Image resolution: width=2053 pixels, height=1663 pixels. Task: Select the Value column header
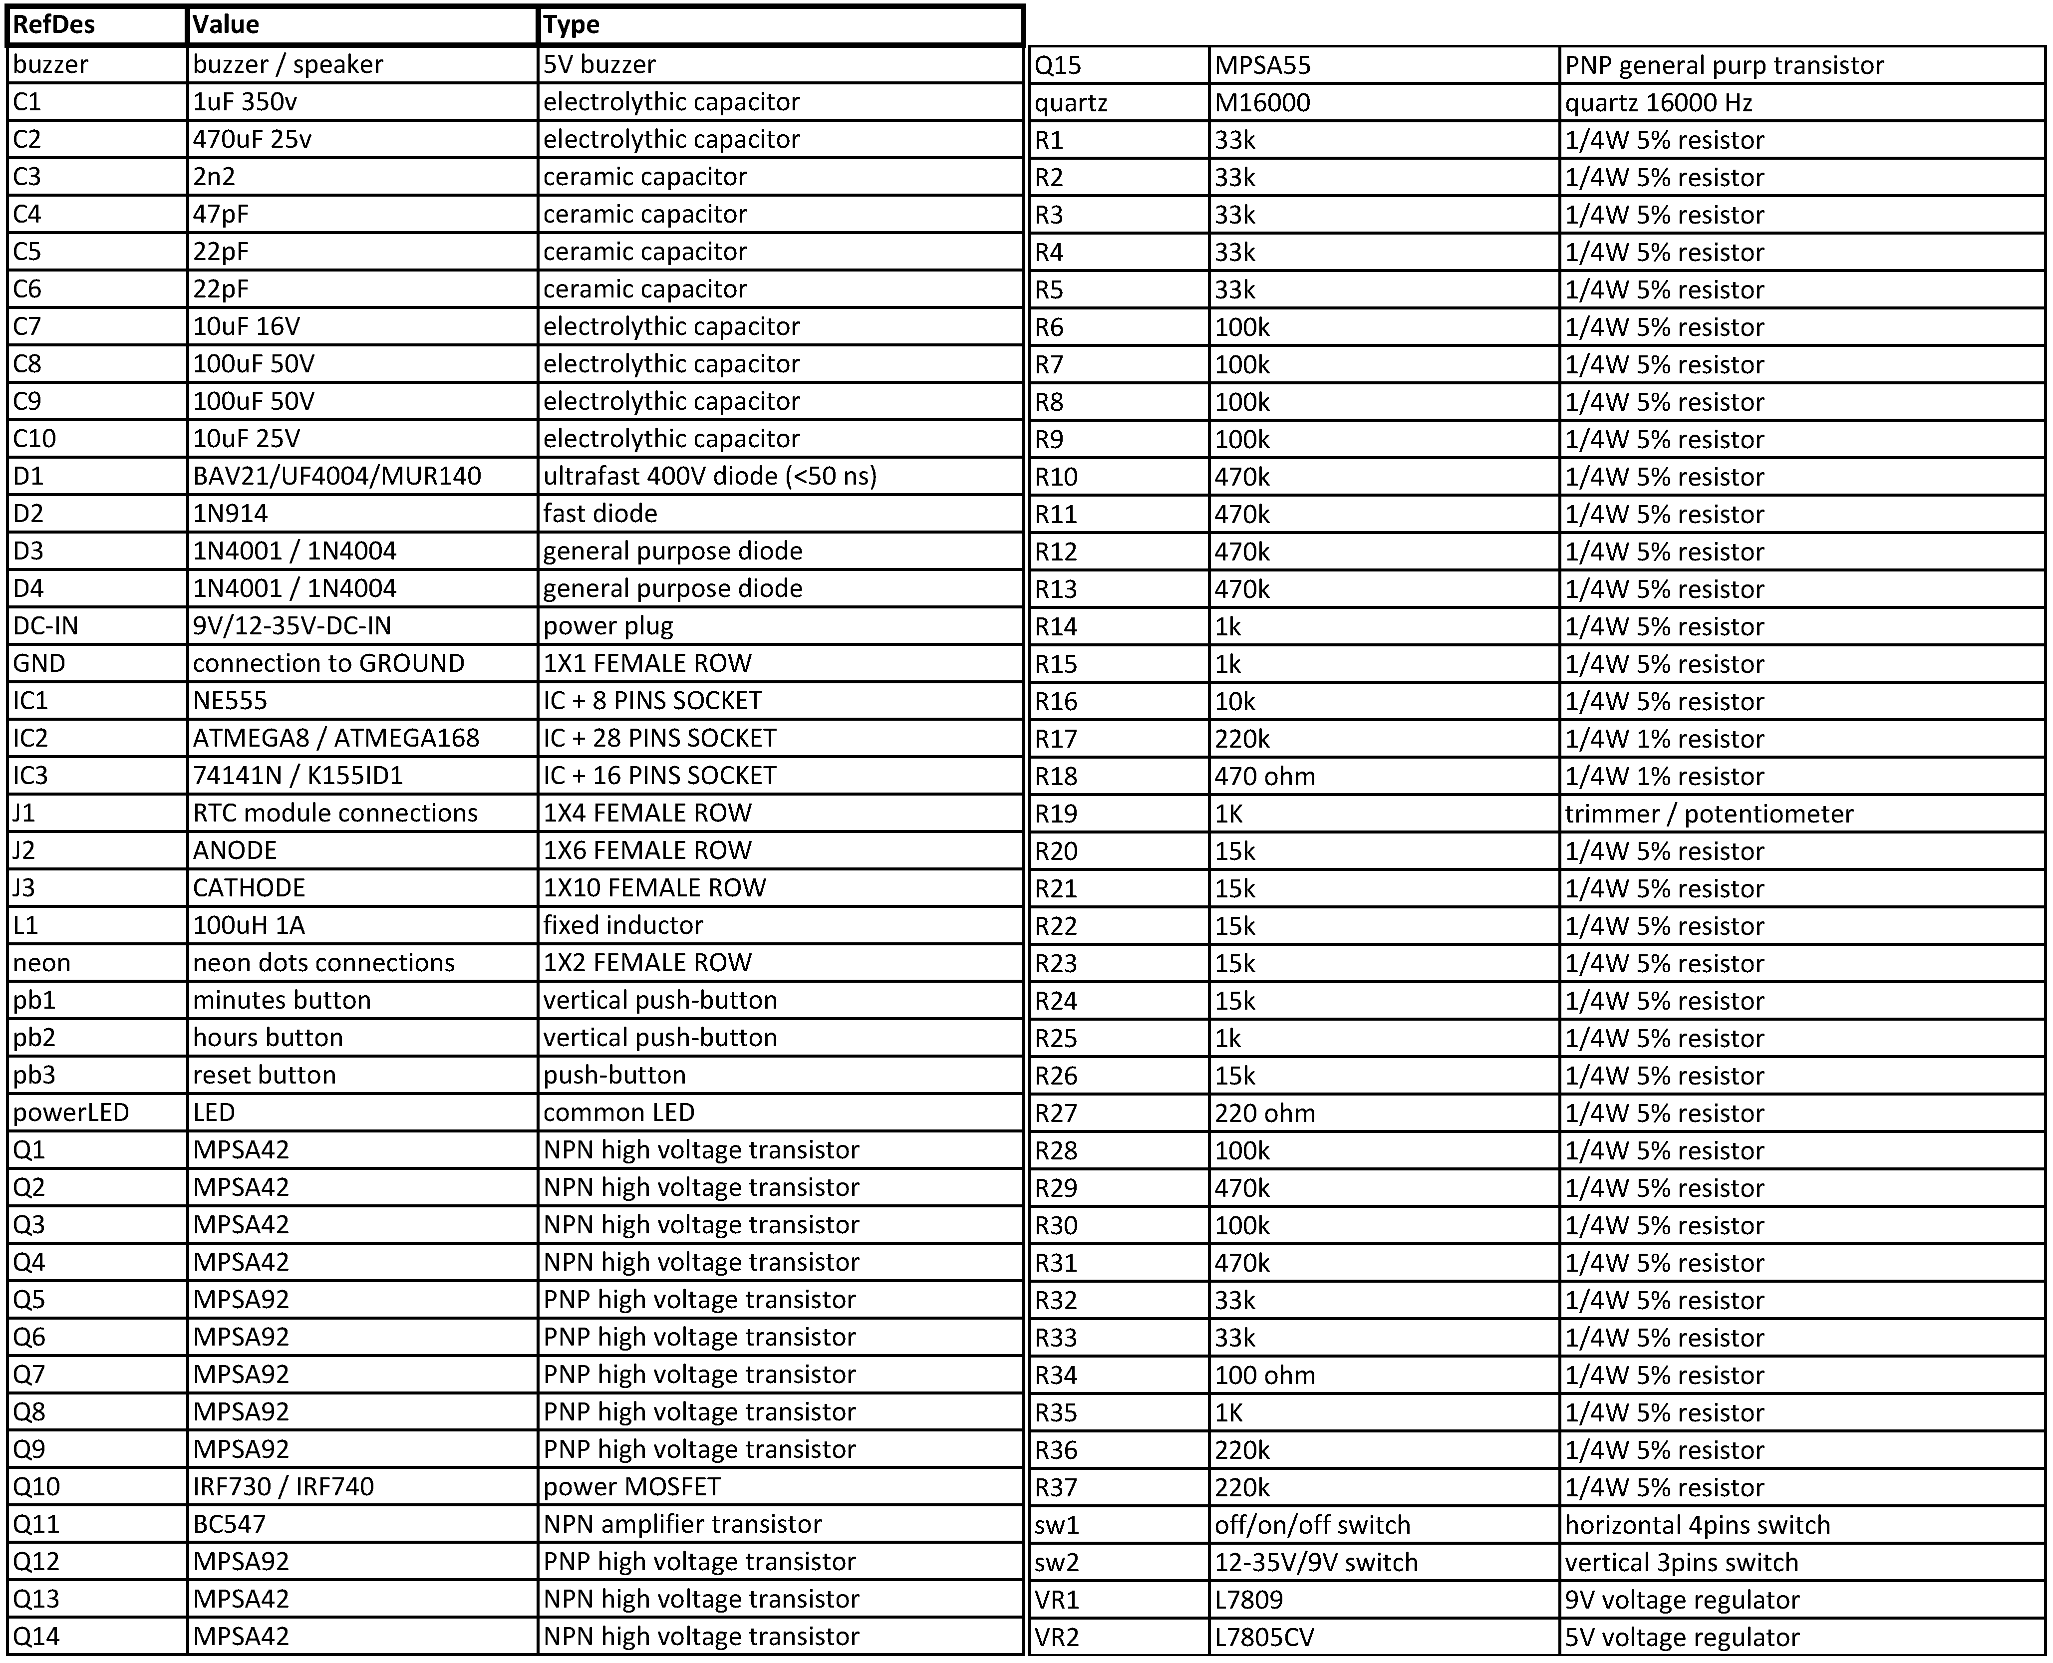coord(226,25)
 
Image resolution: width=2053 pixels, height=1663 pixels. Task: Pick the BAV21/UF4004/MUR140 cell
coord(336,476)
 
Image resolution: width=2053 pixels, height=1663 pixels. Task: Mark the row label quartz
coord(1071,102)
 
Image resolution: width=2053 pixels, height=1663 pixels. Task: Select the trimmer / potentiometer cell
coord(1709,814)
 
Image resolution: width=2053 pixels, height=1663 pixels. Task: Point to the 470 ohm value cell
coord(1264,777)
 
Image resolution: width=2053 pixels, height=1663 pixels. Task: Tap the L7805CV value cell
coord(1264,1638)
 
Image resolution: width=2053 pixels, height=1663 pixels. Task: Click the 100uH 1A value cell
coord(249,925)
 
